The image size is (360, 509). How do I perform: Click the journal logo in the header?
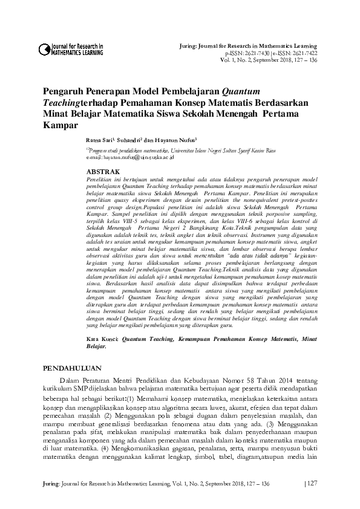[71, 50]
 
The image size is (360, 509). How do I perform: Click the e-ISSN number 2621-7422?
[296, 53]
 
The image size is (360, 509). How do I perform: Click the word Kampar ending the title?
[61, 126]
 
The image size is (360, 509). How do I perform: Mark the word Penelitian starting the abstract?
[101, 180]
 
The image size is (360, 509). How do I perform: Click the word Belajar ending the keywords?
[97, 348]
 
